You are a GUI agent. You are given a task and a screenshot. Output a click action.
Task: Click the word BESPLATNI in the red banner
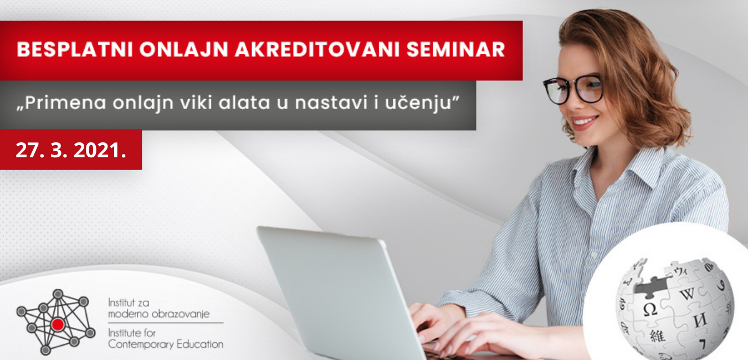[75, 49]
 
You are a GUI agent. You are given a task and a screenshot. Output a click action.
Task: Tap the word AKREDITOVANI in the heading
[317, 49]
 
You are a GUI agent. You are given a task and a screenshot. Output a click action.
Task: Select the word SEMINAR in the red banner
[456, 49]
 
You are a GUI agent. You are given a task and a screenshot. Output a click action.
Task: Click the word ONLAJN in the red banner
[184, 49]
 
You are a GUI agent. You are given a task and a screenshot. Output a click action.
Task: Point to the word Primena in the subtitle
[65, 102]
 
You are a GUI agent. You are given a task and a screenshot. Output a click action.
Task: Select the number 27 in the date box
[27, 150]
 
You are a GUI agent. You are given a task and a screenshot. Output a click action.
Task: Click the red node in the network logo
[58, 325]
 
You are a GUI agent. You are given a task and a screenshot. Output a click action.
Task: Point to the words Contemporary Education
[166, 344]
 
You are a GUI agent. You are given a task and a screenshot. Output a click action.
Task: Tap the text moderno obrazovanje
[158, 314]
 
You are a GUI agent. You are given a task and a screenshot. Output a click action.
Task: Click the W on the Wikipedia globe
[687, 294]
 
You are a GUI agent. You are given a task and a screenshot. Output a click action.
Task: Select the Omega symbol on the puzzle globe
[650, 309]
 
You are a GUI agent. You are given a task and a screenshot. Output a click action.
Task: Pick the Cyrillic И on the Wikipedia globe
[700, 320]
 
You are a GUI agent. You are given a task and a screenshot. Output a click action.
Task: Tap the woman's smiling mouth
[585, 121]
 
